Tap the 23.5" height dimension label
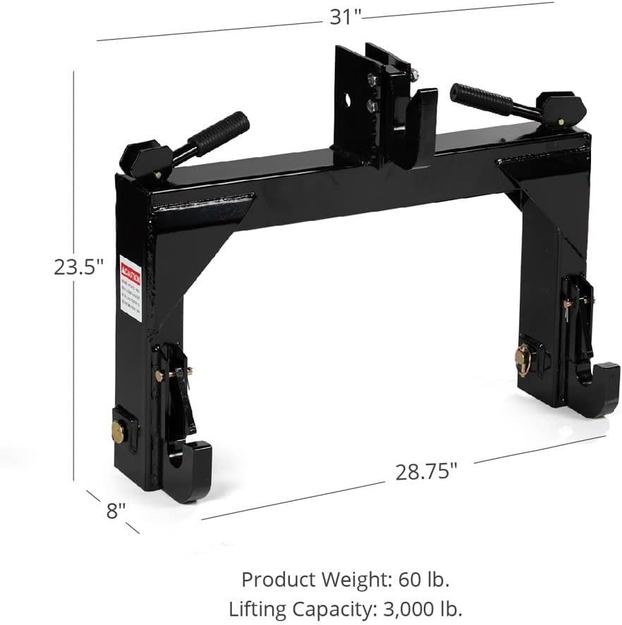pos(79,268)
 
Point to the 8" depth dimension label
pos(116,510)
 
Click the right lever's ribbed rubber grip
pos(482,99)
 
